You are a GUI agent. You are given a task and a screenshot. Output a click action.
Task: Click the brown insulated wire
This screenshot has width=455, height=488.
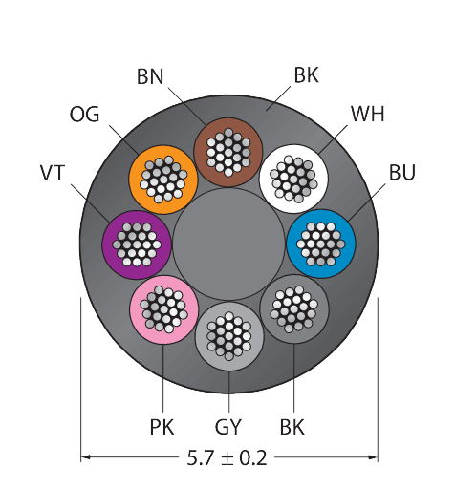(x=228, y=152)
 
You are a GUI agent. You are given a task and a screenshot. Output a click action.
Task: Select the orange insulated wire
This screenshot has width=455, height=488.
(x=163, y=180)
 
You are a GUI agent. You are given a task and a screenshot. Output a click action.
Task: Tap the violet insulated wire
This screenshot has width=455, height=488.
(x=137, y=244)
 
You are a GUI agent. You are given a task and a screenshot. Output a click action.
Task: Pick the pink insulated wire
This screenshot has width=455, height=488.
(x=163, y=309)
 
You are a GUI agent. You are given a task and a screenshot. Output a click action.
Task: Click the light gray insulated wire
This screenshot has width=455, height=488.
(x=229, y=336)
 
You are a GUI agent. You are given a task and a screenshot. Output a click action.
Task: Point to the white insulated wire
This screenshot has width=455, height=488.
(x=293, y=179)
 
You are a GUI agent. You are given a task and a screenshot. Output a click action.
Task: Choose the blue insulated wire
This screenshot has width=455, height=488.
(x=321, y=244)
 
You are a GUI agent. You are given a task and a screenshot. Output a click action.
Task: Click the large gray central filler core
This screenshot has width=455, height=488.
(x=228, y=244)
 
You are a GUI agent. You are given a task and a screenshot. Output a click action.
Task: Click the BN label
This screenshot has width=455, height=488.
(x=150, y=76)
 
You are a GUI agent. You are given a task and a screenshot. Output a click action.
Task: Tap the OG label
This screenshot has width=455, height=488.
(x=84, y=115)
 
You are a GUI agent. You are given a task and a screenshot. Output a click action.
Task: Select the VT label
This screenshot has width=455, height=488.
(x=53, y=173)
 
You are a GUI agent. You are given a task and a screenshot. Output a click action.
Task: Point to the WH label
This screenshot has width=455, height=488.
(x=368, y=114)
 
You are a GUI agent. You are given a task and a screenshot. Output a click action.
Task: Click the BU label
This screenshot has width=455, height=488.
(x=402, y=172)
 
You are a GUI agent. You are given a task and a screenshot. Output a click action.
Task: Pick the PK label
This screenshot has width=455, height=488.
(x=162, y=427)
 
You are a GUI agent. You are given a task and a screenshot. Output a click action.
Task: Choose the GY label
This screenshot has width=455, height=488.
(x=228, y=427)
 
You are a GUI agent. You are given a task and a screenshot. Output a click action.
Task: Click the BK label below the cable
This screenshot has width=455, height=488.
(x=292, y=427)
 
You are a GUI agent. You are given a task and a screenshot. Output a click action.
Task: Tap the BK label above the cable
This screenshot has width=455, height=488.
(x=306, y=75)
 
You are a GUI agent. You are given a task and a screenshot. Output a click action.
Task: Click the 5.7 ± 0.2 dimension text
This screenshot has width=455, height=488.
(x=227, y=458)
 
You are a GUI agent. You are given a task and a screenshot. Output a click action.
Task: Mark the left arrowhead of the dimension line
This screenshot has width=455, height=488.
(x=85, y=457)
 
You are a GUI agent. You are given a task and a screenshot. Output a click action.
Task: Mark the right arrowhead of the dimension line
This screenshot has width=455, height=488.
(x=373, y=457)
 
